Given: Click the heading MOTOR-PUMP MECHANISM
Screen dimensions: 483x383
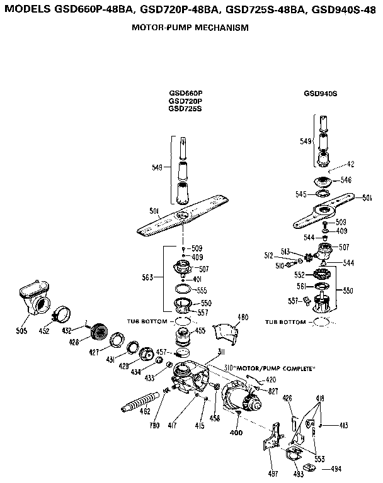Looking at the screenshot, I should click(x=190, y=28).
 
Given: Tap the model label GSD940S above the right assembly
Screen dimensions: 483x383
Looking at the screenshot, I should click(x=320, y=93).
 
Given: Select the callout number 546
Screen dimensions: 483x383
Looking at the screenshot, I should click(x=346, y=180).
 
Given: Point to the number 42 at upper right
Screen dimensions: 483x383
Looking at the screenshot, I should click(x=351, y=164).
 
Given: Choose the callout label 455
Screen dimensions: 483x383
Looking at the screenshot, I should click(x=200, y=330).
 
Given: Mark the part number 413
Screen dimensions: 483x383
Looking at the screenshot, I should click(x=343, y=426).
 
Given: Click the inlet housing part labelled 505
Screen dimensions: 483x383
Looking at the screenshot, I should click(x=37, y=299).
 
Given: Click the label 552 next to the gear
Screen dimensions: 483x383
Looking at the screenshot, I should click(x=299, y=275).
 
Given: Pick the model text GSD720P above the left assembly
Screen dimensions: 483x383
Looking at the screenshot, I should click(x=185, y=101).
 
